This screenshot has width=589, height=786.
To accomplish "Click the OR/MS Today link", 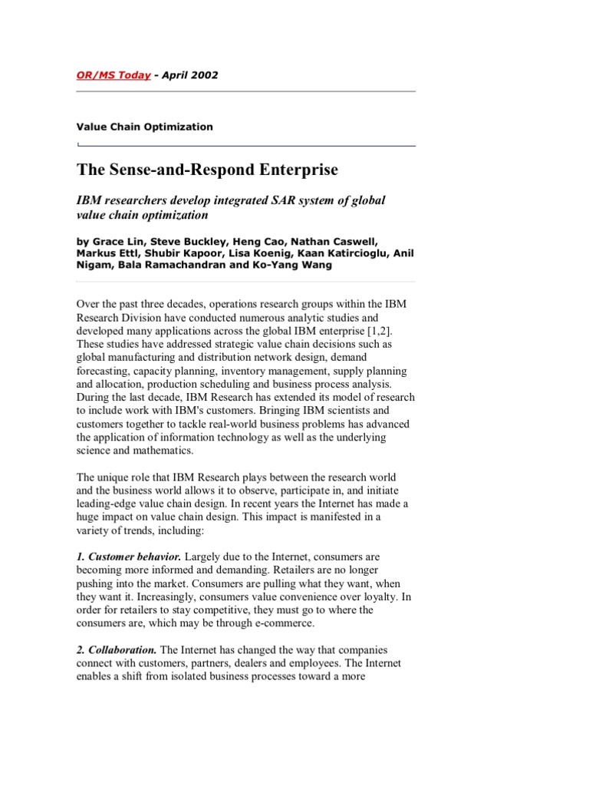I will pos(113,75).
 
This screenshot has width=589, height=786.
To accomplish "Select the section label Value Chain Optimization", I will pos(144,127).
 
